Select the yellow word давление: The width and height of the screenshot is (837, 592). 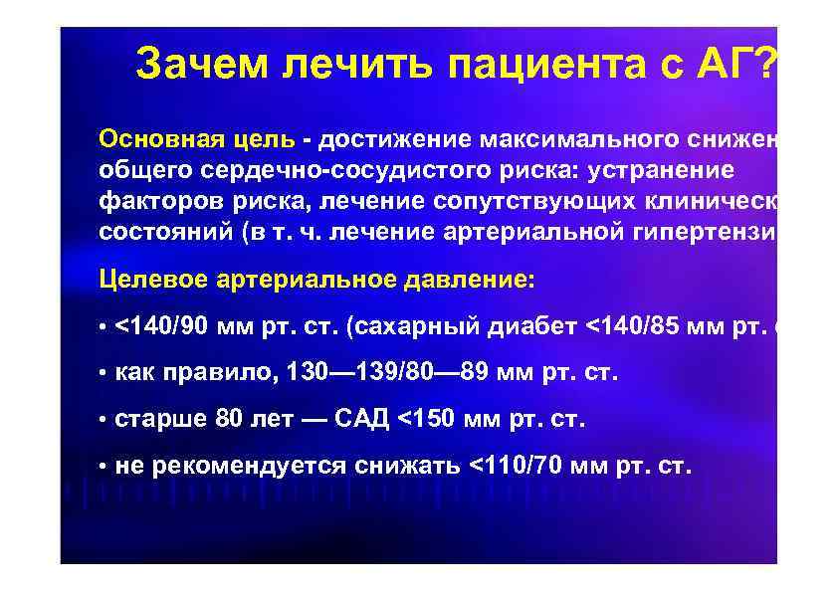tap(468, 280)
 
